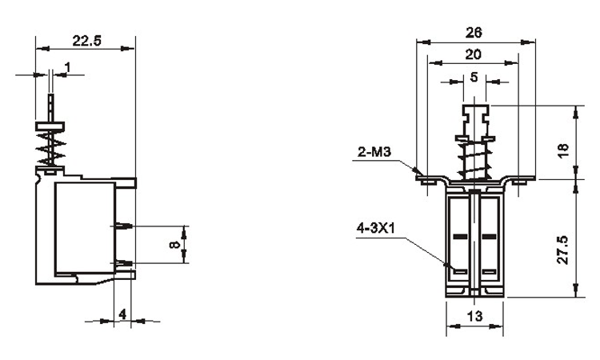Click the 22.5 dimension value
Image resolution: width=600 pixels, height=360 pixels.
coord(87,41)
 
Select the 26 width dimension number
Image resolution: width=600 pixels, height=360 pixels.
coord(474,33)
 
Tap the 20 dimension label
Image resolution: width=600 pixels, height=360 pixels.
coord(474,54)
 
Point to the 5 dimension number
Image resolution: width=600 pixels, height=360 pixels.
coord(474,78)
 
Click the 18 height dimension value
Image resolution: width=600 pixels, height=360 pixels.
coord(564,150)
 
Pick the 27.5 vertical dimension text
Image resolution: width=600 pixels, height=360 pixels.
coord(563,250)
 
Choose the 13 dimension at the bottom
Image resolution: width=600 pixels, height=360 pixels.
coord(475,316)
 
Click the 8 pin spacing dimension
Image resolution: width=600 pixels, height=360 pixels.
coord(174,245)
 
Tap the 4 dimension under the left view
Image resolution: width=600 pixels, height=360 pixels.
coord(122,314)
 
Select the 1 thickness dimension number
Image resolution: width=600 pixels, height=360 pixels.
coord(68,67)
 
